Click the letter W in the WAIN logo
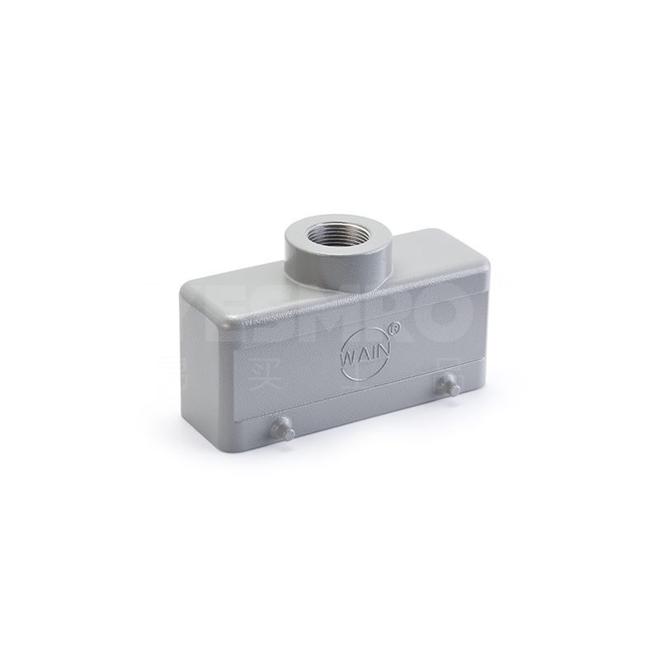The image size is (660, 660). pos(348,357)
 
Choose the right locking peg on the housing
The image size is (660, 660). pos(450,384)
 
